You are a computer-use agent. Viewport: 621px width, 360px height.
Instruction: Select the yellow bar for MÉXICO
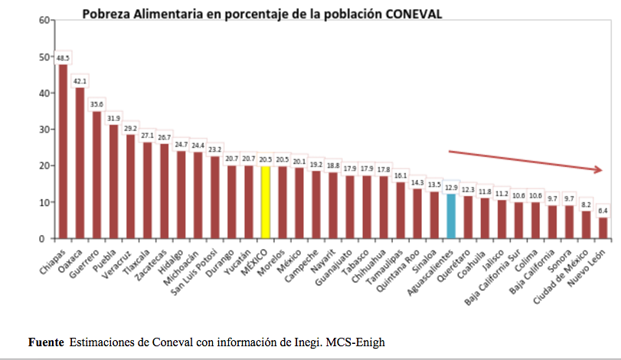(x=265, y=202)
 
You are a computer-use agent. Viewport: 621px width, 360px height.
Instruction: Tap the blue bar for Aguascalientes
(x=451, y=216)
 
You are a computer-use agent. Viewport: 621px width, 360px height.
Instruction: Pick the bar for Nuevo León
(x=603, y=227)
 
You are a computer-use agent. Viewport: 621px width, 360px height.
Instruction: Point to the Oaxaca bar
(x=80, y=162)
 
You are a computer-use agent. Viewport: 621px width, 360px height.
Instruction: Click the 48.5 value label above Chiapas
(x=63, y=57)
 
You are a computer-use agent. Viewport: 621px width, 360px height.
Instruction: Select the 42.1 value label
(x=80, y=81)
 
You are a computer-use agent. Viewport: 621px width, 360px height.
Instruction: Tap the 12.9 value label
(x=451, y=187)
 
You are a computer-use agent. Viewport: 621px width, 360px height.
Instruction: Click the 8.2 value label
(x=586, y=205)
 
